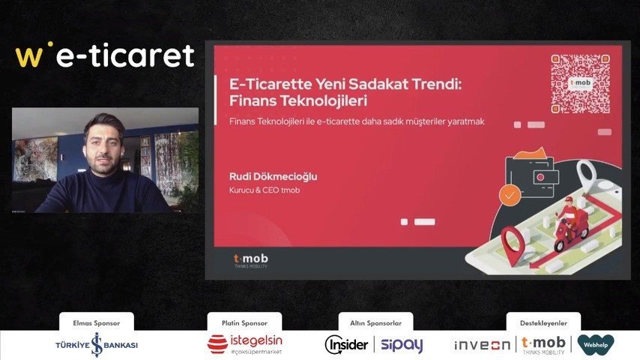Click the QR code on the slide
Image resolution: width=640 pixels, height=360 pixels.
point(580,83)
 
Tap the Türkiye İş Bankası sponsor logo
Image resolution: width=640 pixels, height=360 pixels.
point(97,345)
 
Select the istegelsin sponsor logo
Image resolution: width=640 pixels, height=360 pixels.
point(245,344)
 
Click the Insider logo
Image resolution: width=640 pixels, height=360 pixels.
point(346,344)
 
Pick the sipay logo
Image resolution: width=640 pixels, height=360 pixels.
point(402,345)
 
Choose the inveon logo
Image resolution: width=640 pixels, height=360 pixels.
point(482,345)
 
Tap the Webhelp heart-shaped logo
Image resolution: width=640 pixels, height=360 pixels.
point(596,344)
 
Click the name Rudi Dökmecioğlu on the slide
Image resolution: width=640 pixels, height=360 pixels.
point(273,176)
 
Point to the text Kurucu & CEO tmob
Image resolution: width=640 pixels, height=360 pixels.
point(265,190)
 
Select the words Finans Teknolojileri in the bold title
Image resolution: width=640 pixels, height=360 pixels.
point(298,100)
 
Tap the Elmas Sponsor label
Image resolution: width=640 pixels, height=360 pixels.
point(97,322)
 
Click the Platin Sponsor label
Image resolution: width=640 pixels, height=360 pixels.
point(244,322)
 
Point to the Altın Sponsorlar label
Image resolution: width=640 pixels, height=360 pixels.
point(376,322)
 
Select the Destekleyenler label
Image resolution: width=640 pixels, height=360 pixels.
point(543,322)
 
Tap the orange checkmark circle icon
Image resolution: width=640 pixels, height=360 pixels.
point(510,195)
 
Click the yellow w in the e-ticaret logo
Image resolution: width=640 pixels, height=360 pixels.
point(28,56)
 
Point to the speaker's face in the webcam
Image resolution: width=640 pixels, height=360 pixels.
point(103,148)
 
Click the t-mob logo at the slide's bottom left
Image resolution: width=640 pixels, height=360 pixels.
point(250,260)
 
